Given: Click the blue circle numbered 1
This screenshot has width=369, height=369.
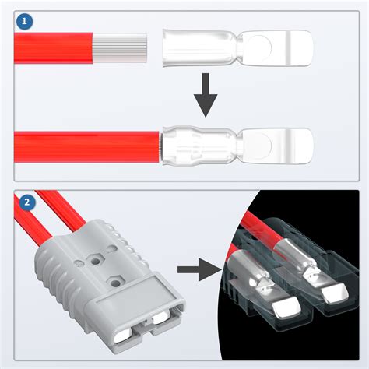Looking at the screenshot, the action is [24, 22].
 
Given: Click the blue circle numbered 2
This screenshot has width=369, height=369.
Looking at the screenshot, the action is [26, 202].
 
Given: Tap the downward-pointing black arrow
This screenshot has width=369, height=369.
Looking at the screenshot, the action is [206, 95].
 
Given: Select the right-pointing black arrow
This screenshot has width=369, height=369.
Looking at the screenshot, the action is [199, 269].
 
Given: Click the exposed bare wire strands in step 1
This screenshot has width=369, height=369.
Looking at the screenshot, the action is [120, 48].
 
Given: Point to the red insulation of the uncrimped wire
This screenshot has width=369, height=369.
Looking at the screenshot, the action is [54, 48].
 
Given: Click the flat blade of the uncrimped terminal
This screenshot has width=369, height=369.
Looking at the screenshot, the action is [276, 48].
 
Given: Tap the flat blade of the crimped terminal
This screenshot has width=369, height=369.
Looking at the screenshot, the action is [276, 146].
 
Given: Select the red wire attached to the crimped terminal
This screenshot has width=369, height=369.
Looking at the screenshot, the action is [86, 147].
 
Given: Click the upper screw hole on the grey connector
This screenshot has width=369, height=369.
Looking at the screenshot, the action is [96, 261].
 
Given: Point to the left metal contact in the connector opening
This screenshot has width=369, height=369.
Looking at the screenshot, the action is [123, 336].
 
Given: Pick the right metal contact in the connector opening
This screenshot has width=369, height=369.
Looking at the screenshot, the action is [161, 318].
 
